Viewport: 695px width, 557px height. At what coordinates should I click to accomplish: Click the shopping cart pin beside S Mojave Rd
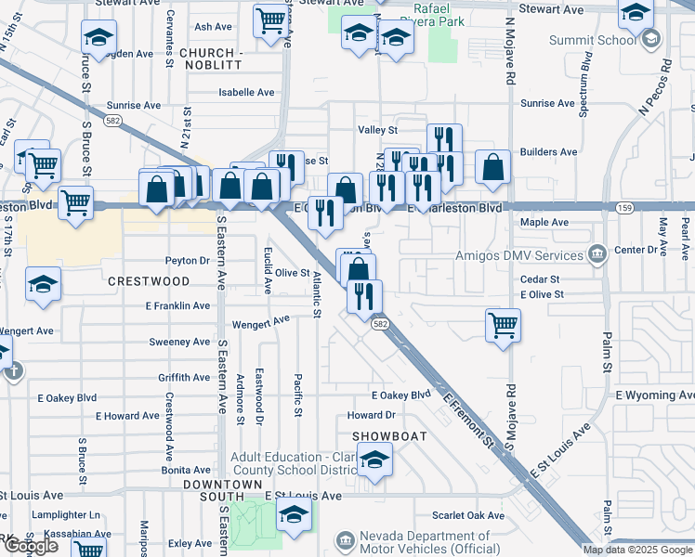(x=503, y=326)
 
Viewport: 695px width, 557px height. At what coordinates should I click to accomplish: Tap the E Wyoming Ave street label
(x=655, y=395)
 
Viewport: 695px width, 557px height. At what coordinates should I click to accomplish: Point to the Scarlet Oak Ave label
(x=468, y=515)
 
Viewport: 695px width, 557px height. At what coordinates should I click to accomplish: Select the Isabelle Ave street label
(x=246, y=93)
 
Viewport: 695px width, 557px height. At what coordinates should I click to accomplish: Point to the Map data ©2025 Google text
(x=637, y=550)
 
